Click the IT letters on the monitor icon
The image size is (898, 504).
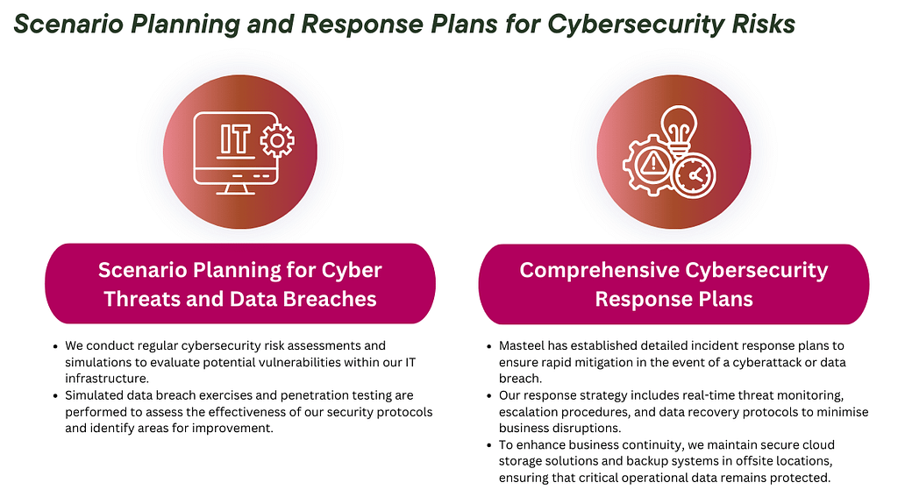[x=235, y=139]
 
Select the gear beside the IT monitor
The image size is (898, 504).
[x=277, y=141]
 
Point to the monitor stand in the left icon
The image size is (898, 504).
[x=235, y=189]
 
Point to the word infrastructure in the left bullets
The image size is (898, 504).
[x=106, y=379]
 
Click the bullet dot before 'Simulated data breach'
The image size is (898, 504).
[x=55, y=396]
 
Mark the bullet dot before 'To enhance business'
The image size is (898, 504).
[x=489, y=445]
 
